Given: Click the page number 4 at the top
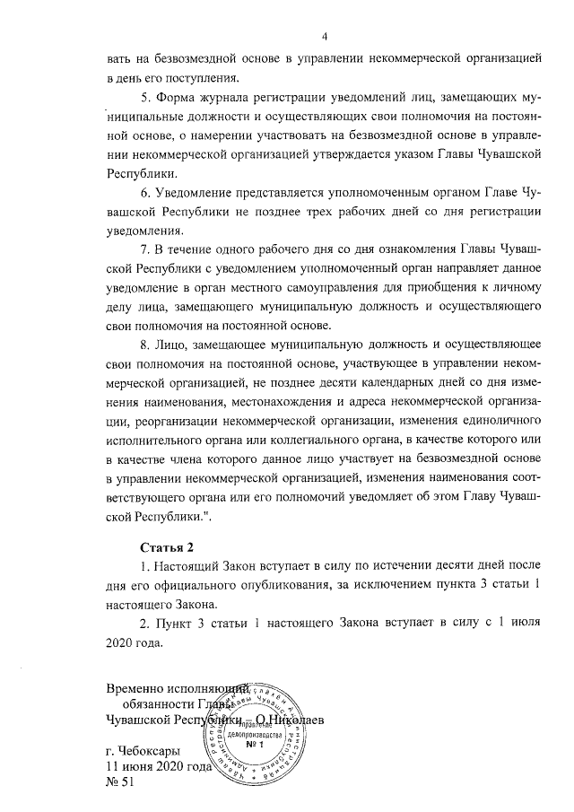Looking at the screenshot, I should tap(326, 35).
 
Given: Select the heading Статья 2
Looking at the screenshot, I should tap(167, 546).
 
